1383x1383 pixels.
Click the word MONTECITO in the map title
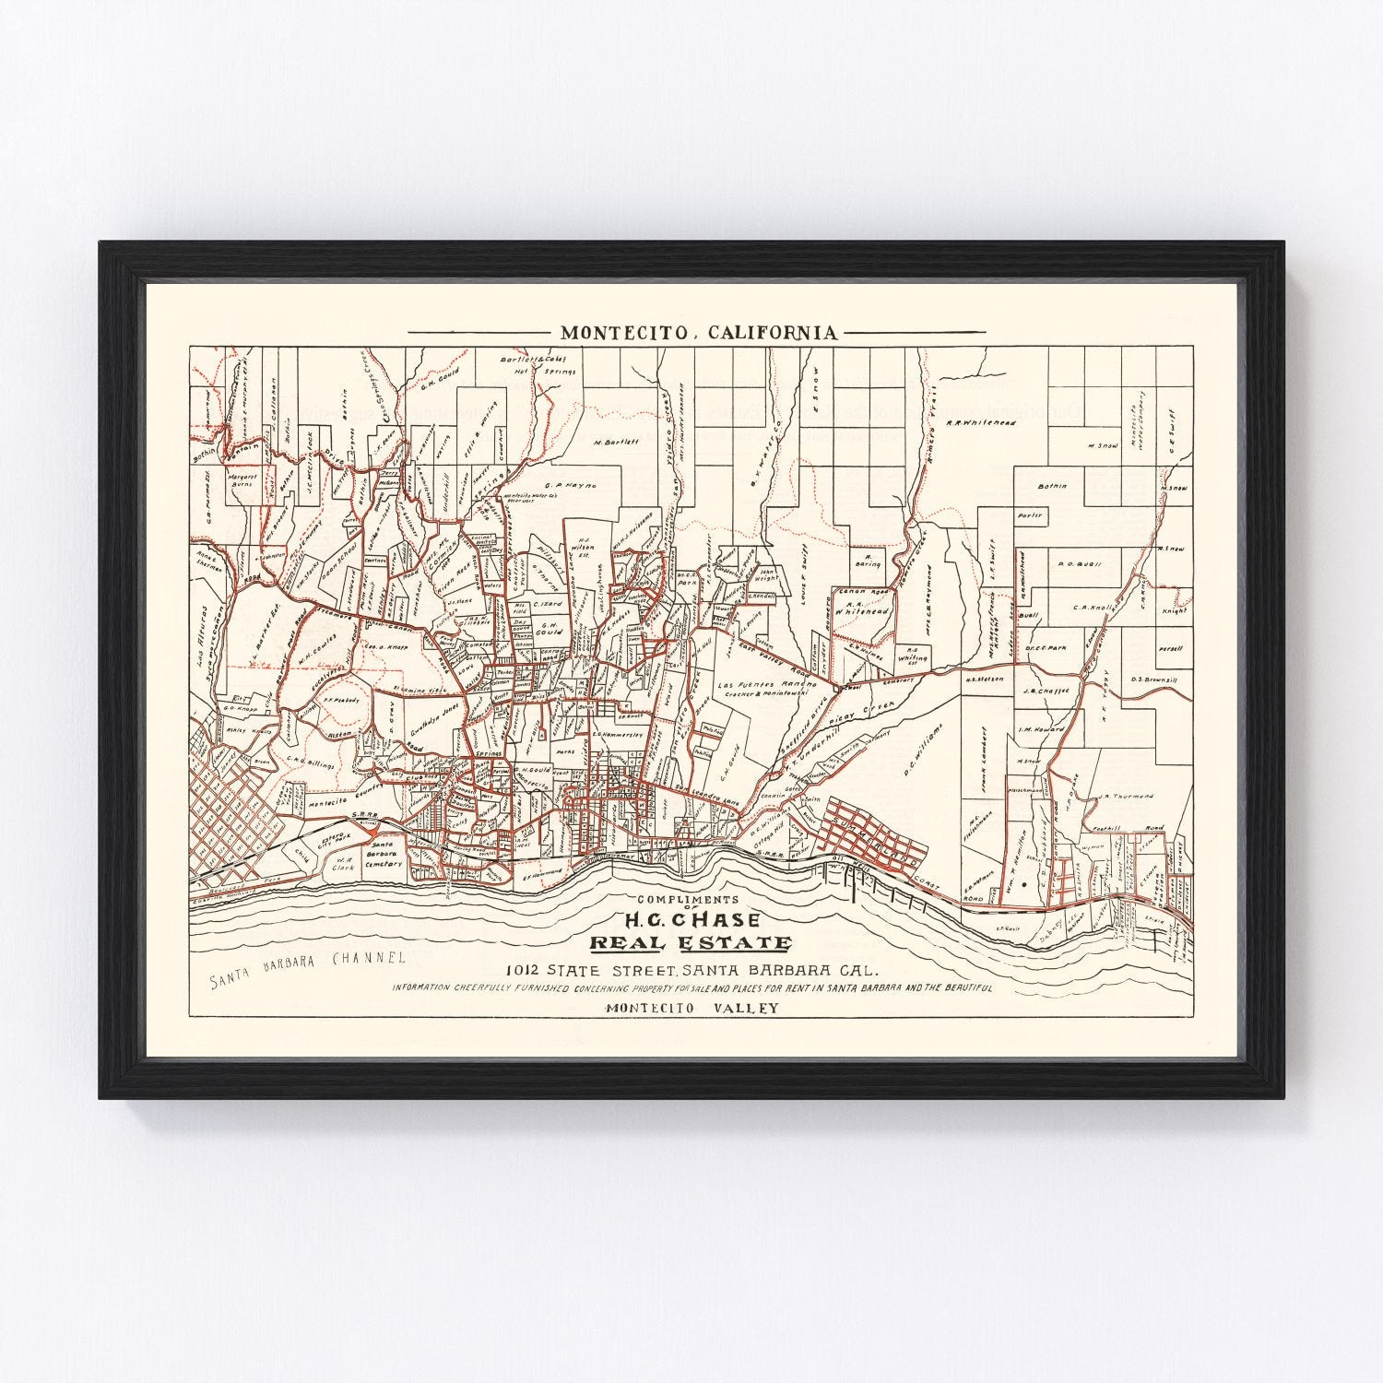[616, 333]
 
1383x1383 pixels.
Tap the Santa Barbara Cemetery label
[384, 855]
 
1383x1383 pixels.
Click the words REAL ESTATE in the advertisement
[691, 943]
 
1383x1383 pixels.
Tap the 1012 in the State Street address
[528, 970]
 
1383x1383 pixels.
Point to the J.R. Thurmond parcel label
[1126, 796]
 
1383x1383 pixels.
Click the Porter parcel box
[1030, 515]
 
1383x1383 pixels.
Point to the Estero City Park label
[334, 838]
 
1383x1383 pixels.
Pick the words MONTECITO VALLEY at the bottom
[691, 1008]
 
